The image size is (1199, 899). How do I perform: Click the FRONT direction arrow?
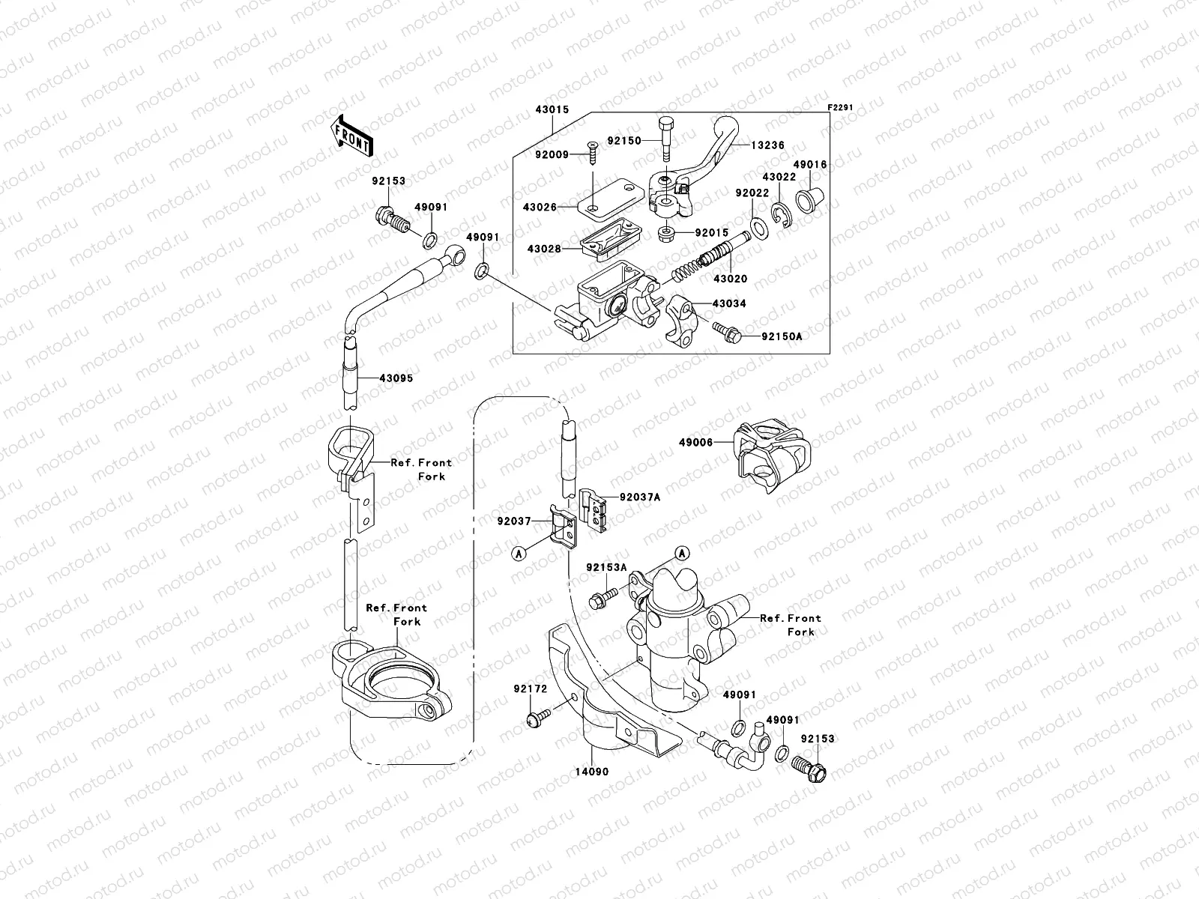pos(354,136)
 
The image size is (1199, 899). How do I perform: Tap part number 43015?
pos(552,109)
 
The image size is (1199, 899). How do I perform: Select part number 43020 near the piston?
pos(730,279)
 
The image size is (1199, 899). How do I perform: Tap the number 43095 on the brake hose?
pos(396,378)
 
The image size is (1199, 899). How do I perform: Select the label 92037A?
pos(639,497)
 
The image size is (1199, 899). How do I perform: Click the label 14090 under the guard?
pos(592,771)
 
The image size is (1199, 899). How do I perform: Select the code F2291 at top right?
pos(840,107)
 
